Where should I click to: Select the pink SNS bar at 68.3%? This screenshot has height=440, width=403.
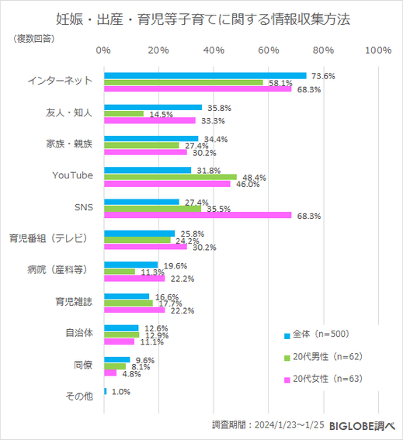point(197,215)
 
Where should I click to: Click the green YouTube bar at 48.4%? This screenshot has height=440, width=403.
point(170,177)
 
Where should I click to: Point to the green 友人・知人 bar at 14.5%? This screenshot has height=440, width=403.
point(123,113)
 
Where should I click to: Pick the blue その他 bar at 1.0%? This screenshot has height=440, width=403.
point(105,392)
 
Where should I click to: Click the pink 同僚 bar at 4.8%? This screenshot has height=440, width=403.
point(110,372)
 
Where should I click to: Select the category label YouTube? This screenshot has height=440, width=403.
point(72,175)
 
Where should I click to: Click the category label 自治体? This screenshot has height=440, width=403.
point(80,334)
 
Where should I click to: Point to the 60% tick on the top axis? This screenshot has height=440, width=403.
point(268,50)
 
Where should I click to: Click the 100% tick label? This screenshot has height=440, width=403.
point(377,50)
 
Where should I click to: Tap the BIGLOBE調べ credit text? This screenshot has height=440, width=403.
point(362,425)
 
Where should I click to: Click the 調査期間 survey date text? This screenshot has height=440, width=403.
point(267,425)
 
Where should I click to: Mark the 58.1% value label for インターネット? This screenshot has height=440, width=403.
point(280,83)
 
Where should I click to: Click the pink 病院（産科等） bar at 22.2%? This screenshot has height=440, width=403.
point(134,278)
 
